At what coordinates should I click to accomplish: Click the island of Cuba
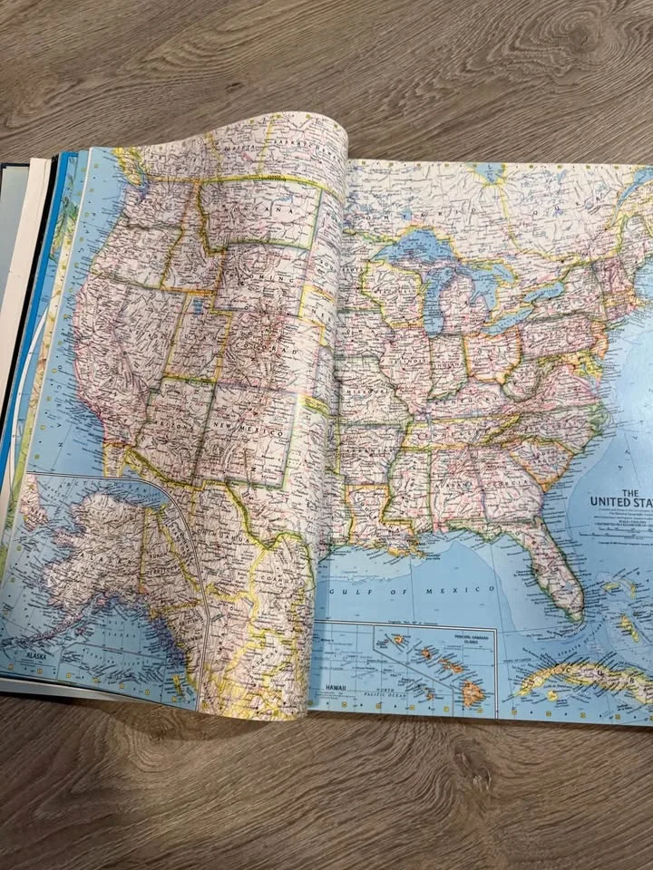click(580, 675)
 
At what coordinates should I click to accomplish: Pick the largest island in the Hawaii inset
click(471, 694)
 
